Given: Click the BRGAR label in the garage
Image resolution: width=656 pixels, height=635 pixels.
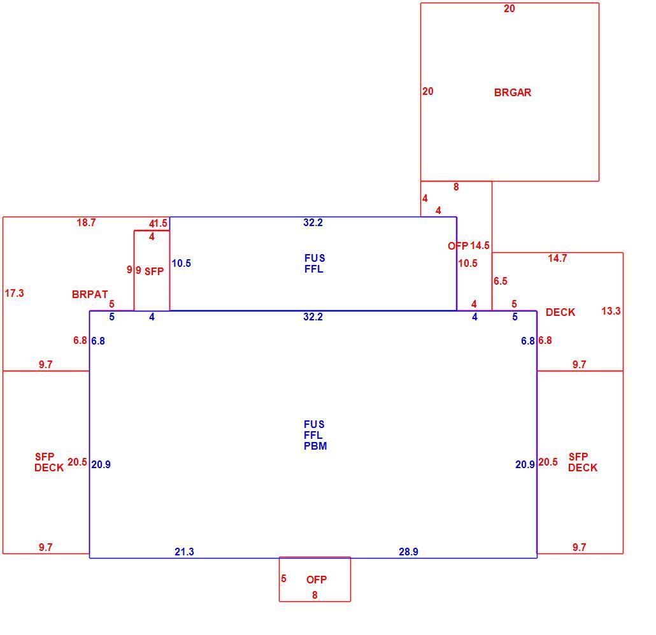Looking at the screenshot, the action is point(513,92).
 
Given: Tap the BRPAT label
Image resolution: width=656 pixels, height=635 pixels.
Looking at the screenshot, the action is point(90,294).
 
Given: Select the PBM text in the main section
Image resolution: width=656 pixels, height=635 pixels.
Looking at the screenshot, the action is point(315,446).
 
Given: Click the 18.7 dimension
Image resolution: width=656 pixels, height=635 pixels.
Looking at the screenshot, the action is point(86,222).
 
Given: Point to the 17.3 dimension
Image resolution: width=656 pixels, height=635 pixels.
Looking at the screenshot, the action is point(14,293).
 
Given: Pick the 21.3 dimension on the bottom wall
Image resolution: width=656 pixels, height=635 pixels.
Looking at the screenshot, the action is point(185,552).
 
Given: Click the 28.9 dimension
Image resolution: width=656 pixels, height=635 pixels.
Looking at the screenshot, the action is point(408,552).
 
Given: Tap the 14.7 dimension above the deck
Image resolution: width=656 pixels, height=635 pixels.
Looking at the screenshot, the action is point(558,258).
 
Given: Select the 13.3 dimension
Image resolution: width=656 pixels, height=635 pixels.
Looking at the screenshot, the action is point(611,311).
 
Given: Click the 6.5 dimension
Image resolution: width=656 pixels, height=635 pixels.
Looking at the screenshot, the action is point(501,281).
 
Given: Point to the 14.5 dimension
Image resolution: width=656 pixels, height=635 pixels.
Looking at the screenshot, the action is point(480,246).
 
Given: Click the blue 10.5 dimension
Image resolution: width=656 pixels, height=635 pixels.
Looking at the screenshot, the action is point(181,263).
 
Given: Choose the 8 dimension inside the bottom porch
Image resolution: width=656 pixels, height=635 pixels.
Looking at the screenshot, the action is point(315,595).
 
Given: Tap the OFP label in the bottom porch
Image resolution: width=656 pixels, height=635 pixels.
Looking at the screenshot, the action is point(317,580).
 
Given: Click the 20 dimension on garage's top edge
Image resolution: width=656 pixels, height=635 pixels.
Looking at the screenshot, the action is point(510,8).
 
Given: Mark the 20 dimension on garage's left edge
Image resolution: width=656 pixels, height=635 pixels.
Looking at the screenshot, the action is point(428,91).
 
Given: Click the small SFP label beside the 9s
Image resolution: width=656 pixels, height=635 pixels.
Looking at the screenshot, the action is point(154,271).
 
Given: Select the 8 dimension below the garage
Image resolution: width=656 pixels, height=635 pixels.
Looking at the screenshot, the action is point(456,187).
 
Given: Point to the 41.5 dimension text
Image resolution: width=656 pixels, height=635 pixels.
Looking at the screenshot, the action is point(158,224).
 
